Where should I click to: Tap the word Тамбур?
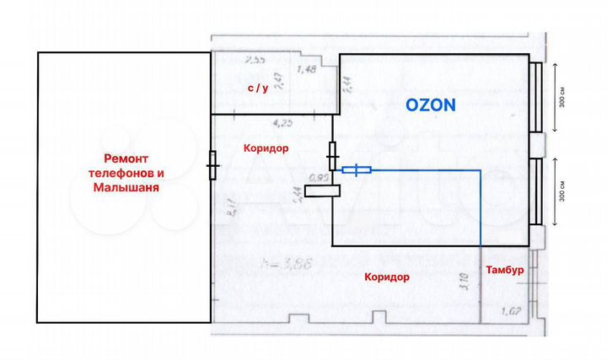(x=506, y=270)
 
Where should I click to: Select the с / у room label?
(x=257, y=89)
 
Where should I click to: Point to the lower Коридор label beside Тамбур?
(x=387, y=277)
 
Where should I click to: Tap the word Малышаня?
(x=126, y=188)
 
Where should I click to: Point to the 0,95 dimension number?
(x=319, y=177)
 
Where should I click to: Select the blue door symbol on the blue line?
(x=356, y=170)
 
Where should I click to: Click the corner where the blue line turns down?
(x=480, y=171)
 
